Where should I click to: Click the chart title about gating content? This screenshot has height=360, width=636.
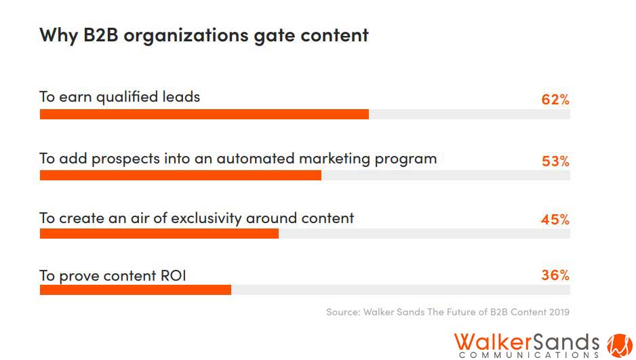203,35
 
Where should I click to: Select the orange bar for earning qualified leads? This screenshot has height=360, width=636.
203,114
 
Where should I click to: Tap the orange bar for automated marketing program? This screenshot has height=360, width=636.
180,176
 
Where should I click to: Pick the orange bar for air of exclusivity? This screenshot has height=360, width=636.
159,233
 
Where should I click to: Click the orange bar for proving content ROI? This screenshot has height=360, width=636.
135,289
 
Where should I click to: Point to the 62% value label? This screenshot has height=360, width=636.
555,100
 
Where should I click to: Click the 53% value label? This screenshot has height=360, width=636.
555,161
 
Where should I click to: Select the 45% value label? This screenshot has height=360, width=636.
555,220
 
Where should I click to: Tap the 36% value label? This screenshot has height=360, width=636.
555,275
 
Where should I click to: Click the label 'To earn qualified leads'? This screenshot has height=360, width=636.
119,96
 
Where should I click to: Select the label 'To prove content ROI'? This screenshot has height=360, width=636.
112,275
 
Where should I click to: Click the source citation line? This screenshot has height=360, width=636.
447,313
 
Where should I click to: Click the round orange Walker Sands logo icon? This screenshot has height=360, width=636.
618,344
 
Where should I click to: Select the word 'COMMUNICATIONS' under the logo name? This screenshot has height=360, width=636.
529,355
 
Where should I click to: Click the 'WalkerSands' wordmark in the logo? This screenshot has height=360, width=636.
526,340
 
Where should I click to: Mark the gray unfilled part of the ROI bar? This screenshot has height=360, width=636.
400,289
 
